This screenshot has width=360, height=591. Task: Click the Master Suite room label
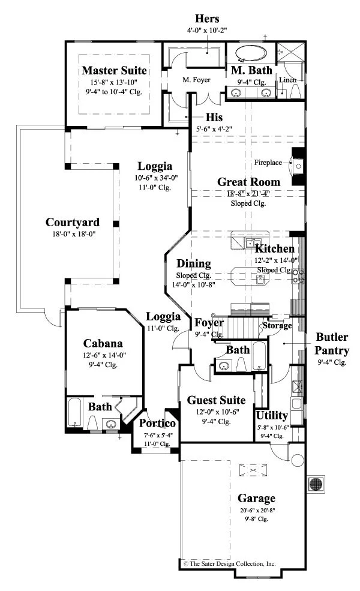click(114, 70)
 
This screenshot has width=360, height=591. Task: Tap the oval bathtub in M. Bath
click(251, 53)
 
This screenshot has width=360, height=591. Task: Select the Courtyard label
click(73, 223)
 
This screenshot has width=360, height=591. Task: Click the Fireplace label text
click(268, 163)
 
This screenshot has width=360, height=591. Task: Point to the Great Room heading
click(249, 182)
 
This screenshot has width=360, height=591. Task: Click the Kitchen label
click(275, 249)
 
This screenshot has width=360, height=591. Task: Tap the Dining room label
click(194, 263)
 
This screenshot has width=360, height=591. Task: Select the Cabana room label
click(103, 343)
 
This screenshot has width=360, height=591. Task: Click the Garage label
click(256, 498)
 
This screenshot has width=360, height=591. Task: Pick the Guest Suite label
click(216, 400)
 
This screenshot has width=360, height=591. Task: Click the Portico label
click(157, 423)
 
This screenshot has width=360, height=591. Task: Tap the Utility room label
click(272, 415)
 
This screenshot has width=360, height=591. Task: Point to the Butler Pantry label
click(332, 343)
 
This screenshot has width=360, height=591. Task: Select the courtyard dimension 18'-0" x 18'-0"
click(74, 234)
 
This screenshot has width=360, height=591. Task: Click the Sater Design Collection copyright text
click(229, 564)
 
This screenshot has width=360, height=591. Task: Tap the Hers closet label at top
click(207, 19)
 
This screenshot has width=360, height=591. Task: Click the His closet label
click(214, 117)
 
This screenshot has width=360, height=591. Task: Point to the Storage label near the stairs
click(277, 325)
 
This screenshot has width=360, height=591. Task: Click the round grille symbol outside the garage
click(316, 483)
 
